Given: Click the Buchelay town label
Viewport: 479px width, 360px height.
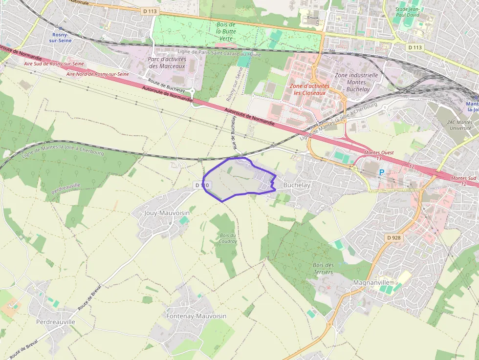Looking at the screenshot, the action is point(297,185).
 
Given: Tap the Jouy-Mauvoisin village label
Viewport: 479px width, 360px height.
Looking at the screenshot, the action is point(167,213).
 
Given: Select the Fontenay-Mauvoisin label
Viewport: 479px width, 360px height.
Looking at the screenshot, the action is point(196,316).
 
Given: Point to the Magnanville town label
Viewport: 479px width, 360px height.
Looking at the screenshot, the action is point(371,282).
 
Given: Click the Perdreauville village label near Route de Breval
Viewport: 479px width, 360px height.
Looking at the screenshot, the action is point(56,322).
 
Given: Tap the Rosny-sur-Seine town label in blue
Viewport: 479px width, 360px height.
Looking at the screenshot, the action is point(62,37).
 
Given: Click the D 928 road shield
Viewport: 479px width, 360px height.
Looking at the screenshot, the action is point(393,237).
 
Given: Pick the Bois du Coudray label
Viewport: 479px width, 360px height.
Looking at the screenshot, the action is point(228,238).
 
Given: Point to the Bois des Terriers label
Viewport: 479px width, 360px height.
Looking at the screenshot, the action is point(323,268).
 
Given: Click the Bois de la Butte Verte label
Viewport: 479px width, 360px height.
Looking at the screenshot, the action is point(226,31).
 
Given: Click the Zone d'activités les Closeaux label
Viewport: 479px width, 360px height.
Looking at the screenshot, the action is point(309,89).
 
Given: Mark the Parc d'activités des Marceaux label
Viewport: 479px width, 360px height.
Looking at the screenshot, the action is point(167,63).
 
